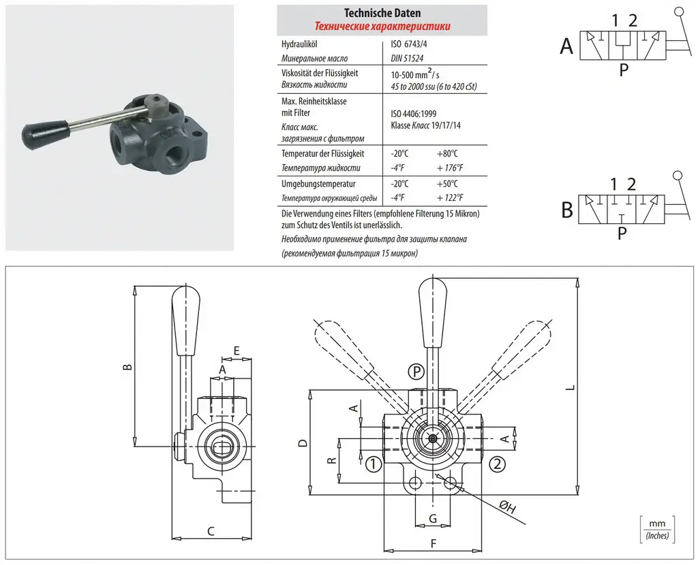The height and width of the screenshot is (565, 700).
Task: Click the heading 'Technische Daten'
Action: click(x=382, y=13)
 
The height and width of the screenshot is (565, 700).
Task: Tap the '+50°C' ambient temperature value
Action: click(x=448, y=184)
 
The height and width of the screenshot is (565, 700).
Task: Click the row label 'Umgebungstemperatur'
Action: click(x=318, y=184)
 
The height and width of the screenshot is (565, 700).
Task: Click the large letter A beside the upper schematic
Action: click(x=566, y=46)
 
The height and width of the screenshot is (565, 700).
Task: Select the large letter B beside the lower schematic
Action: click(x=566, y=210)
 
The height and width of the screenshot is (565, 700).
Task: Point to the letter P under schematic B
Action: click(x=622, y=233)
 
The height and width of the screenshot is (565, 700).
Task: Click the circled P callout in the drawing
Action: click(x=416, y=372)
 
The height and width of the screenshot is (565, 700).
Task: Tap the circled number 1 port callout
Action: click(x=373, y=465)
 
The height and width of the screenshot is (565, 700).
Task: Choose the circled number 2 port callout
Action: click(x=498, y=465)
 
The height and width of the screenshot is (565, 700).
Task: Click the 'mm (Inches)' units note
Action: click(x=657, y=530)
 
